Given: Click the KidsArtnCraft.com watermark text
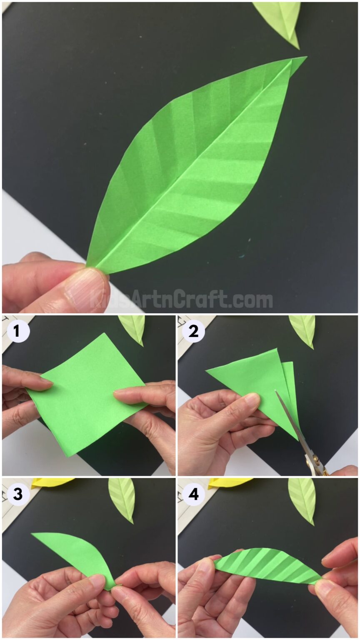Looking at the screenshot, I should point(181,299).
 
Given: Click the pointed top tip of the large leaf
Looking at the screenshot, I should point(305,58).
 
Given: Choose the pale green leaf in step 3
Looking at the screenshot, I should point(122,498).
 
